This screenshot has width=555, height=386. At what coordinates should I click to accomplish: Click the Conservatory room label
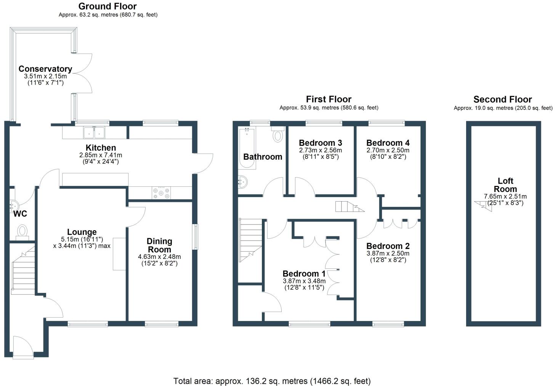[45, 69]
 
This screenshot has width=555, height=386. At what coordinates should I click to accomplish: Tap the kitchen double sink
[94, 132]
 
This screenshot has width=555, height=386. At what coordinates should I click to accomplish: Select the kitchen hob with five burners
[161, 193]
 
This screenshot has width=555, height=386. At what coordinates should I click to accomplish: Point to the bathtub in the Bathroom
[247, 148]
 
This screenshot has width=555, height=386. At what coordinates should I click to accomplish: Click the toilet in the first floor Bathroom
[278, 134]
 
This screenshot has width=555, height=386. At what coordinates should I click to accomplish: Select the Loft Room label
[505, 185]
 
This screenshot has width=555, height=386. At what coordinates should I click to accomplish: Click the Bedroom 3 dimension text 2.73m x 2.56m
[320, 150]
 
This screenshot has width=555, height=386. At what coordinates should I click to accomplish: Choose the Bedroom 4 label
[388, 143]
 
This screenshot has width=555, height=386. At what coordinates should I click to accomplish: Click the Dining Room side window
[196, 237]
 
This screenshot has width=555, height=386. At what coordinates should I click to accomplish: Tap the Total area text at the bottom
[272, 381]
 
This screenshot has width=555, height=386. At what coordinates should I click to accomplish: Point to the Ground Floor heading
[107, 6]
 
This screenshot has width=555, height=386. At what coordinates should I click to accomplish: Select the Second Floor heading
[502, 99]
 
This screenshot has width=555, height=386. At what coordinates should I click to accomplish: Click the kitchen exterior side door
[203, 163]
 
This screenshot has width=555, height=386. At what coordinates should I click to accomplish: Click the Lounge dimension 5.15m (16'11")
[82, 239]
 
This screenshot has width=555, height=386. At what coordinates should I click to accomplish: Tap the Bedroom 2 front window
[388, 324]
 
